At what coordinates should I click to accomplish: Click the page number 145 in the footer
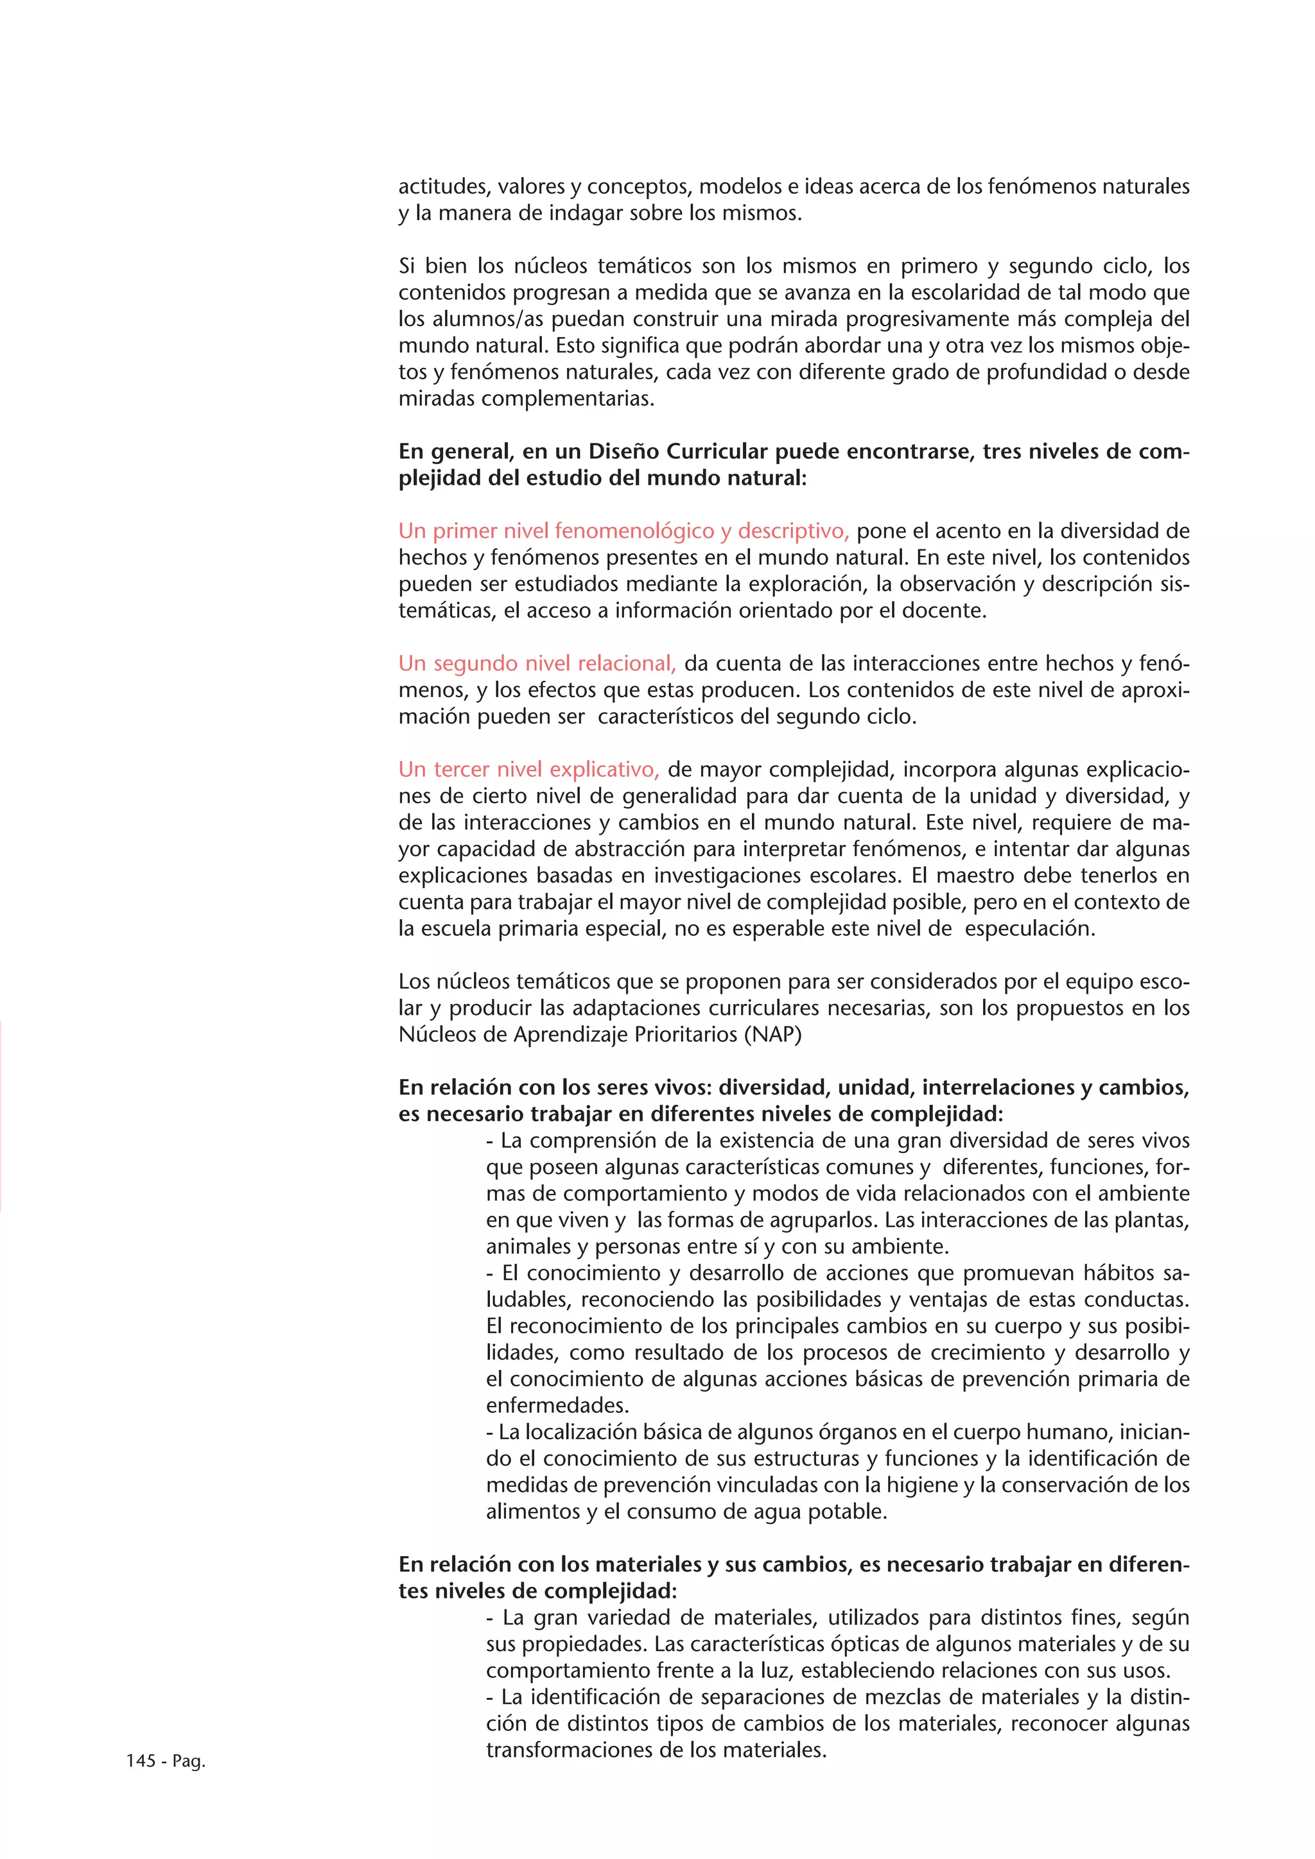140,1760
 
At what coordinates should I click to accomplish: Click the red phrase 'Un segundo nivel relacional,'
536,663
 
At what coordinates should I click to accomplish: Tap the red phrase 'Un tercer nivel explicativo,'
528,768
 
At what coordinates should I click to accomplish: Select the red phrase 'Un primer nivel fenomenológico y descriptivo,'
623,531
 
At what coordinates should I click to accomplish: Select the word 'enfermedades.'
557,1405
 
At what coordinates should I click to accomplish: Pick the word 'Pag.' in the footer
189,1760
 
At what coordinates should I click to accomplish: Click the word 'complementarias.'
527,399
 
